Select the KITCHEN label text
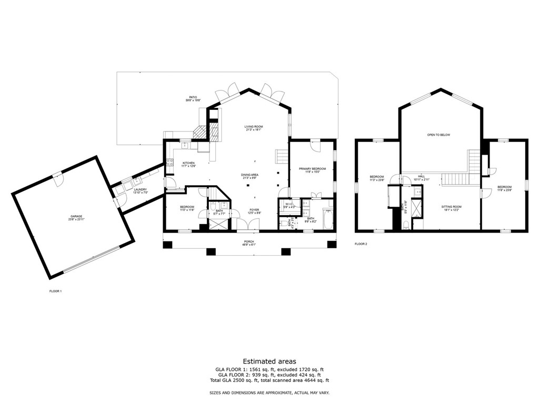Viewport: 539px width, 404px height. coord(188,164)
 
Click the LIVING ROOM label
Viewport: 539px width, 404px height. coord(253,127)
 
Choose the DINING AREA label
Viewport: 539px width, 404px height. coord(249,175)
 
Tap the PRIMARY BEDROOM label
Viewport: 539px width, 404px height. coord(312,169)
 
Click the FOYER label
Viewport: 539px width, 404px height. coord(254,210)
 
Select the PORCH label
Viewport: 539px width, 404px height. coord(248,241)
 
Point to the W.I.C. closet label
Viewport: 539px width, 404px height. coord(288,204)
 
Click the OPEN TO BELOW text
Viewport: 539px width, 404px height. coord(438,135)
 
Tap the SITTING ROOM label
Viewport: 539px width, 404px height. coord(451,207)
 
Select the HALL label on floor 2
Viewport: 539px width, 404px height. coord(421,177)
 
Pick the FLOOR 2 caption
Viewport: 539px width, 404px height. coord(361,244)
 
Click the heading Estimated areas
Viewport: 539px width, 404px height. coord(269,361)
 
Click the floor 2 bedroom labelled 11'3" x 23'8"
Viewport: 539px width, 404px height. coord(376,177)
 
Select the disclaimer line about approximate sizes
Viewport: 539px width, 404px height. coord(269,393)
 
